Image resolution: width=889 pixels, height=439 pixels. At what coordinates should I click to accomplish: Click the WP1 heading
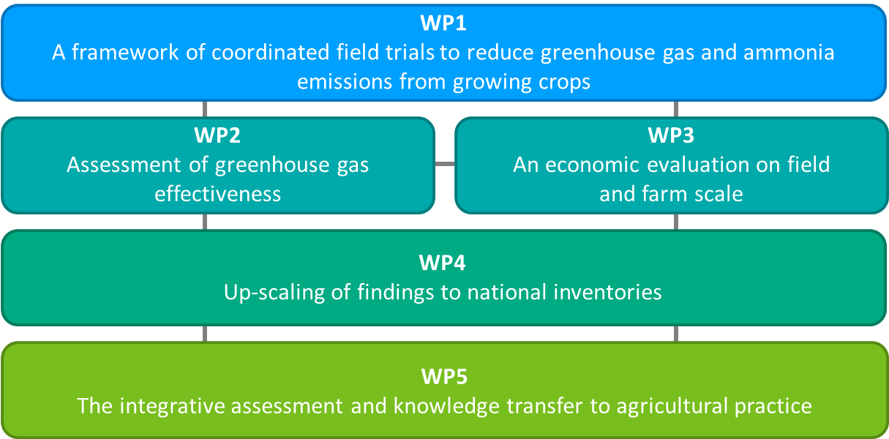coord(443,23)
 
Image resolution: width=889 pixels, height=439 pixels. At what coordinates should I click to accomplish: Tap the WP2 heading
coord(217,135)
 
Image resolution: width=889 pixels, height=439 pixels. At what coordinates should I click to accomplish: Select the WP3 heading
coord(671,135)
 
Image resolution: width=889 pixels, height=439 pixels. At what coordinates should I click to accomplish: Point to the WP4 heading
coord(443,263)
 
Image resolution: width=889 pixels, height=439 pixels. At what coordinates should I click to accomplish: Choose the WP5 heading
coord(445,376)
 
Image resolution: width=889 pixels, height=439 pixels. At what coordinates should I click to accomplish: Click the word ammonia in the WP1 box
coord(789,53)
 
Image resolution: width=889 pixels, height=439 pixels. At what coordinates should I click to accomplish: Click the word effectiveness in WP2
coord(218,194)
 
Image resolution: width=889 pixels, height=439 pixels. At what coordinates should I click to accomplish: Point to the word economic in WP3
coord(592,165)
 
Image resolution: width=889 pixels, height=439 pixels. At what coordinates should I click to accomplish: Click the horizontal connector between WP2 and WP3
coord(445,164)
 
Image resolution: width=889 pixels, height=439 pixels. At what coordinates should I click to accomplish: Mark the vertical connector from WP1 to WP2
coord(205,109)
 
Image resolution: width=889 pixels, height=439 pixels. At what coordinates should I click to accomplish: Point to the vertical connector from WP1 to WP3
coord(676,109)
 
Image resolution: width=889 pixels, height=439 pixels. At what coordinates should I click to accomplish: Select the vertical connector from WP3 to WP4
coord(676,222)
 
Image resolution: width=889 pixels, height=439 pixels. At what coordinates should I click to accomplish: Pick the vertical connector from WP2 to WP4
coord(205,222)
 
